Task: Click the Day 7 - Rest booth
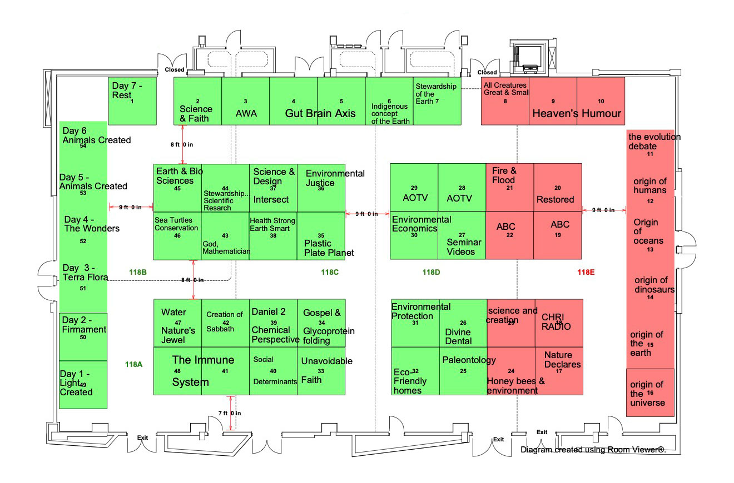tap(132, 100)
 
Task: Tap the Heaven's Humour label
tap(577, 114)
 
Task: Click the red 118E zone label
tap(586, 272)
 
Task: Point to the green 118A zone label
tap(134, 364)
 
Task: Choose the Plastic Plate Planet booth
tap(321, 235)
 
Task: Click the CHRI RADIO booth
tap(558, 323)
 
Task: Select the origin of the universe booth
tap(650, 393)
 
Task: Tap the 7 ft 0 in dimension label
tap(229, 413)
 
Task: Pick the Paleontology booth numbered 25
tap(463, 371)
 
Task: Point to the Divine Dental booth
tap(463, 323)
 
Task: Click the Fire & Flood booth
tap(510, 188)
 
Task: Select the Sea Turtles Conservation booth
tap(177, 235)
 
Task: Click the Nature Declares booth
tap(558, 371)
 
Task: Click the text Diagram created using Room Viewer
tap(593, 450)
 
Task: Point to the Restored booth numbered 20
tap(558, 188)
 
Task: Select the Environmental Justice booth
tap(321, 188)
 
